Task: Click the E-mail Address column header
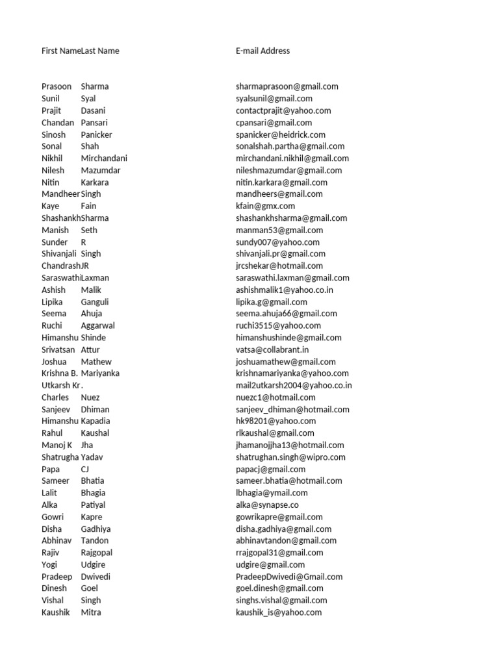(262, 51)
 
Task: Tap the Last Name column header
(100, 51)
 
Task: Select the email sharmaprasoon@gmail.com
(287, 86)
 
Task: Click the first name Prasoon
(57, 86)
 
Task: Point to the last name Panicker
(96, 134)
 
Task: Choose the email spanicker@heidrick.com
(281, 134)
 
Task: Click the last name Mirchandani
(104, 158)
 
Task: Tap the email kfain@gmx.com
(265, 206)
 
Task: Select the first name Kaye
(51, 206)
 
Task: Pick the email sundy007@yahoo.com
(277, 242)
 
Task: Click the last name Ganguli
(95, 302)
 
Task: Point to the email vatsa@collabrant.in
(272, 349)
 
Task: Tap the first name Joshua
(54, 362)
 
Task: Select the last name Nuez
(90, 397)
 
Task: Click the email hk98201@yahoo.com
(275, 421)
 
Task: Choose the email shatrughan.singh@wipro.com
(290, 457)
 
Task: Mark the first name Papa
(51, 469)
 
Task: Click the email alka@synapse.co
(267, 505)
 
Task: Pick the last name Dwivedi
(96, 577)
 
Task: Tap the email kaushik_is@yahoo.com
(279, 612)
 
